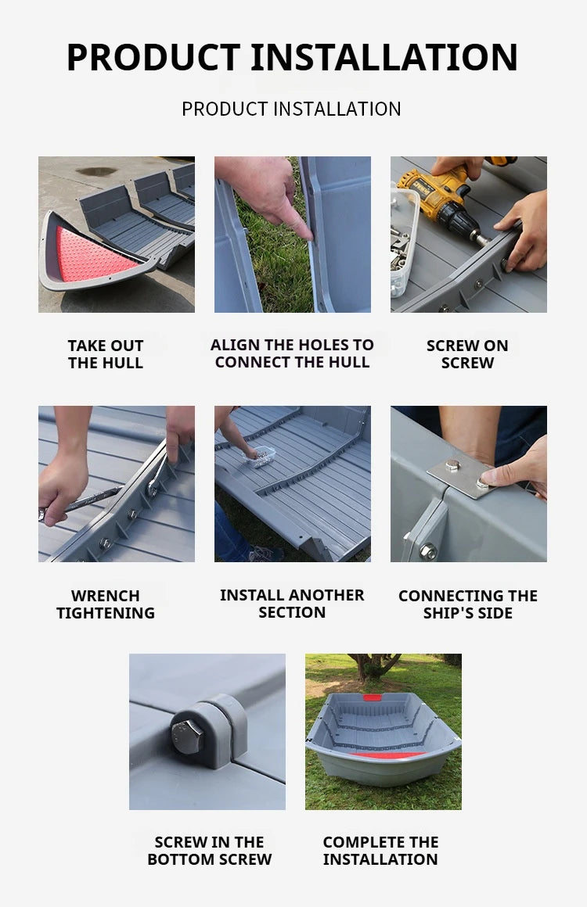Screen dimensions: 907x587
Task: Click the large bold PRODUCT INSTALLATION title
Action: (x=292, y=57)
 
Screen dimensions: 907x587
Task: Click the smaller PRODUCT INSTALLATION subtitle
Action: (x=291, y=109)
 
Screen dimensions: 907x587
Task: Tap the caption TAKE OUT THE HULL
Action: (x=106, y=354)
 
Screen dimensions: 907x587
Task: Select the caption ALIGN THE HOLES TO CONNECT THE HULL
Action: (x=292, y=353)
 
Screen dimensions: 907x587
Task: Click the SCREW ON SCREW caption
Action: (x=467, y=354)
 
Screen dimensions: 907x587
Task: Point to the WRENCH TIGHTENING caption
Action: (x=106, y=604)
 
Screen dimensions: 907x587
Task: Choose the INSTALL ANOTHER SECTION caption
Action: (x=292, y=604)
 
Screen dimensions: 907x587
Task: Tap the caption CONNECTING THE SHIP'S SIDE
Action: (x=467, y=604)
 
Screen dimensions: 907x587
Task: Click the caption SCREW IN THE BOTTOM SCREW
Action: (x=209, y=851)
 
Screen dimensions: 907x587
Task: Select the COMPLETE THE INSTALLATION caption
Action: (x=380, y=851)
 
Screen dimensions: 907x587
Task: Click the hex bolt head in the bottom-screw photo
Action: (x=188, y=737)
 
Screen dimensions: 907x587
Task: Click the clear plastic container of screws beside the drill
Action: (x=404, y=242)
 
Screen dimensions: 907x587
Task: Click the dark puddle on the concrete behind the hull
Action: (x=95, y=170)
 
